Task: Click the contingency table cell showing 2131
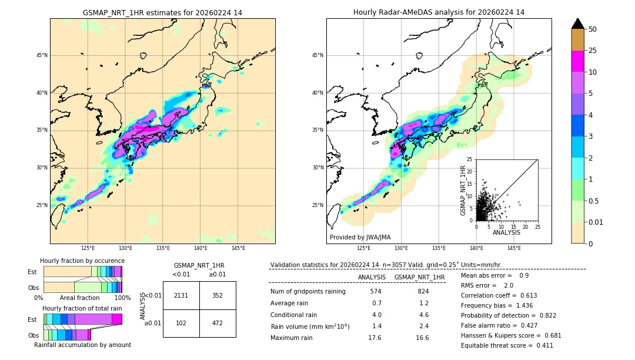[181, 295]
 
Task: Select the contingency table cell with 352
[218, 295]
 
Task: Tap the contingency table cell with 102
[181, 323]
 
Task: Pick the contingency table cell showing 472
[218, 323]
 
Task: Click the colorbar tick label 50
[593, 29]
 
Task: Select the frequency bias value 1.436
[524, 306]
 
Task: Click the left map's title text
[162, 12]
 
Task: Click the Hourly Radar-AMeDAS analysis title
[439, 12]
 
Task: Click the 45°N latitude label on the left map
[42, 55]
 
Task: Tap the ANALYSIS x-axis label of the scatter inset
[506, 232]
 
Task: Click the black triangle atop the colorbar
[578, 24]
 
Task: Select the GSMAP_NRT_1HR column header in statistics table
[419, 277]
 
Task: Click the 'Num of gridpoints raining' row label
[308, 291]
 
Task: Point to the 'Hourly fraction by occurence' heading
[82, 261]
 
